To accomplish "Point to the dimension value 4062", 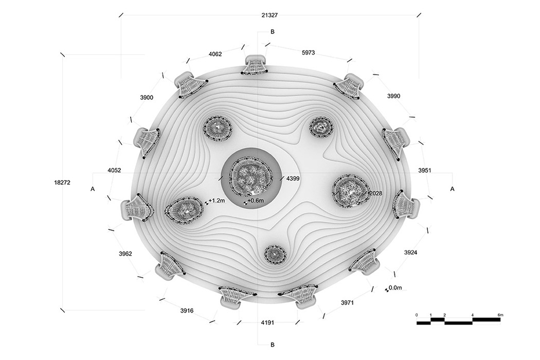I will tap(215, 54).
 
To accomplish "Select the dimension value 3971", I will tap(348, 303).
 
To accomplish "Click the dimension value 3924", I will tap(411, 253).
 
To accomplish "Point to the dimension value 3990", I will tap(393, 96).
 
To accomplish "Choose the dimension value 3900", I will tap(146, 97).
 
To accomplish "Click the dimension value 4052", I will tap(115, 170).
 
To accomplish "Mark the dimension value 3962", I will tap(125, 254).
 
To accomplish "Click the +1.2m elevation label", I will tap(217, 201).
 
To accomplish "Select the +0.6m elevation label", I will tap(255, 201).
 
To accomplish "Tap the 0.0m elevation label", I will tap(395, 288).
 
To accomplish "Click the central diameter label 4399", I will tap(293, 178).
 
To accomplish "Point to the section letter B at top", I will tap(273, 31).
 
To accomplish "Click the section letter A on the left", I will tap(93, 189).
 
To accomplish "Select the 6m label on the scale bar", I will tap(500, 314).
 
